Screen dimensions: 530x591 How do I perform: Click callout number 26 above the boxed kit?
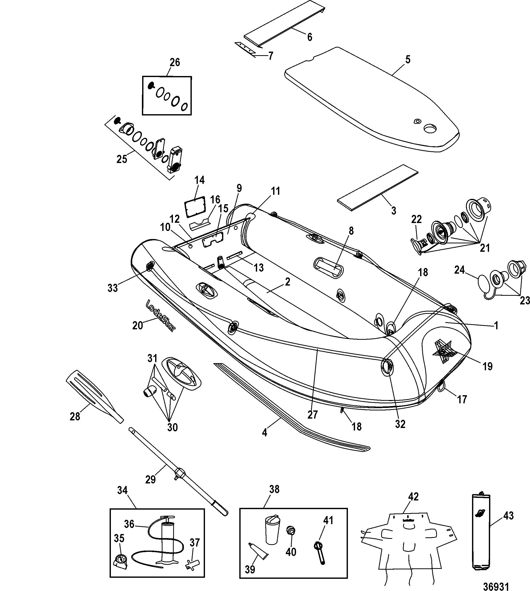[175, 62]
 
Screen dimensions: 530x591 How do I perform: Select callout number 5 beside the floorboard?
[408, 60]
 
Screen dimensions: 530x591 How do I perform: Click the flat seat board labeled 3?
[377, 187]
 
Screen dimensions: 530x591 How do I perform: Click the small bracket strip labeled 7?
[245, 50]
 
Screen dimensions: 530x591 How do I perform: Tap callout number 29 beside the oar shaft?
[151, 479]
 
